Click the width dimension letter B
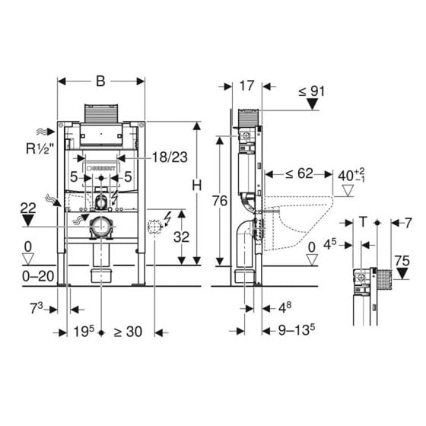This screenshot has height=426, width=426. [100, 81]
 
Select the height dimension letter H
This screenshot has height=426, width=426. [197, 186]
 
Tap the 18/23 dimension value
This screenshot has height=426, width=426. [170, 157]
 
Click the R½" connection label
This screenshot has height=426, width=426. [40, 148]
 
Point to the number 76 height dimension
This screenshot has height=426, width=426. [220, 201]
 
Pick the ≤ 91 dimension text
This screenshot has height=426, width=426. [312, 91]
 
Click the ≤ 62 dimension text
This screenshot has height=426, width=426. [299, 173]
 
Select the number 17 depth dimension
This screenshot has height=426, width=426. [246, 85]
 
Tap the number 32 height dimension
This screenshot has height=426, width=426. [181, 237]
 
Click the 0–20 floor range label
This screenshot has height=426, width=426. [38, 277]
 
